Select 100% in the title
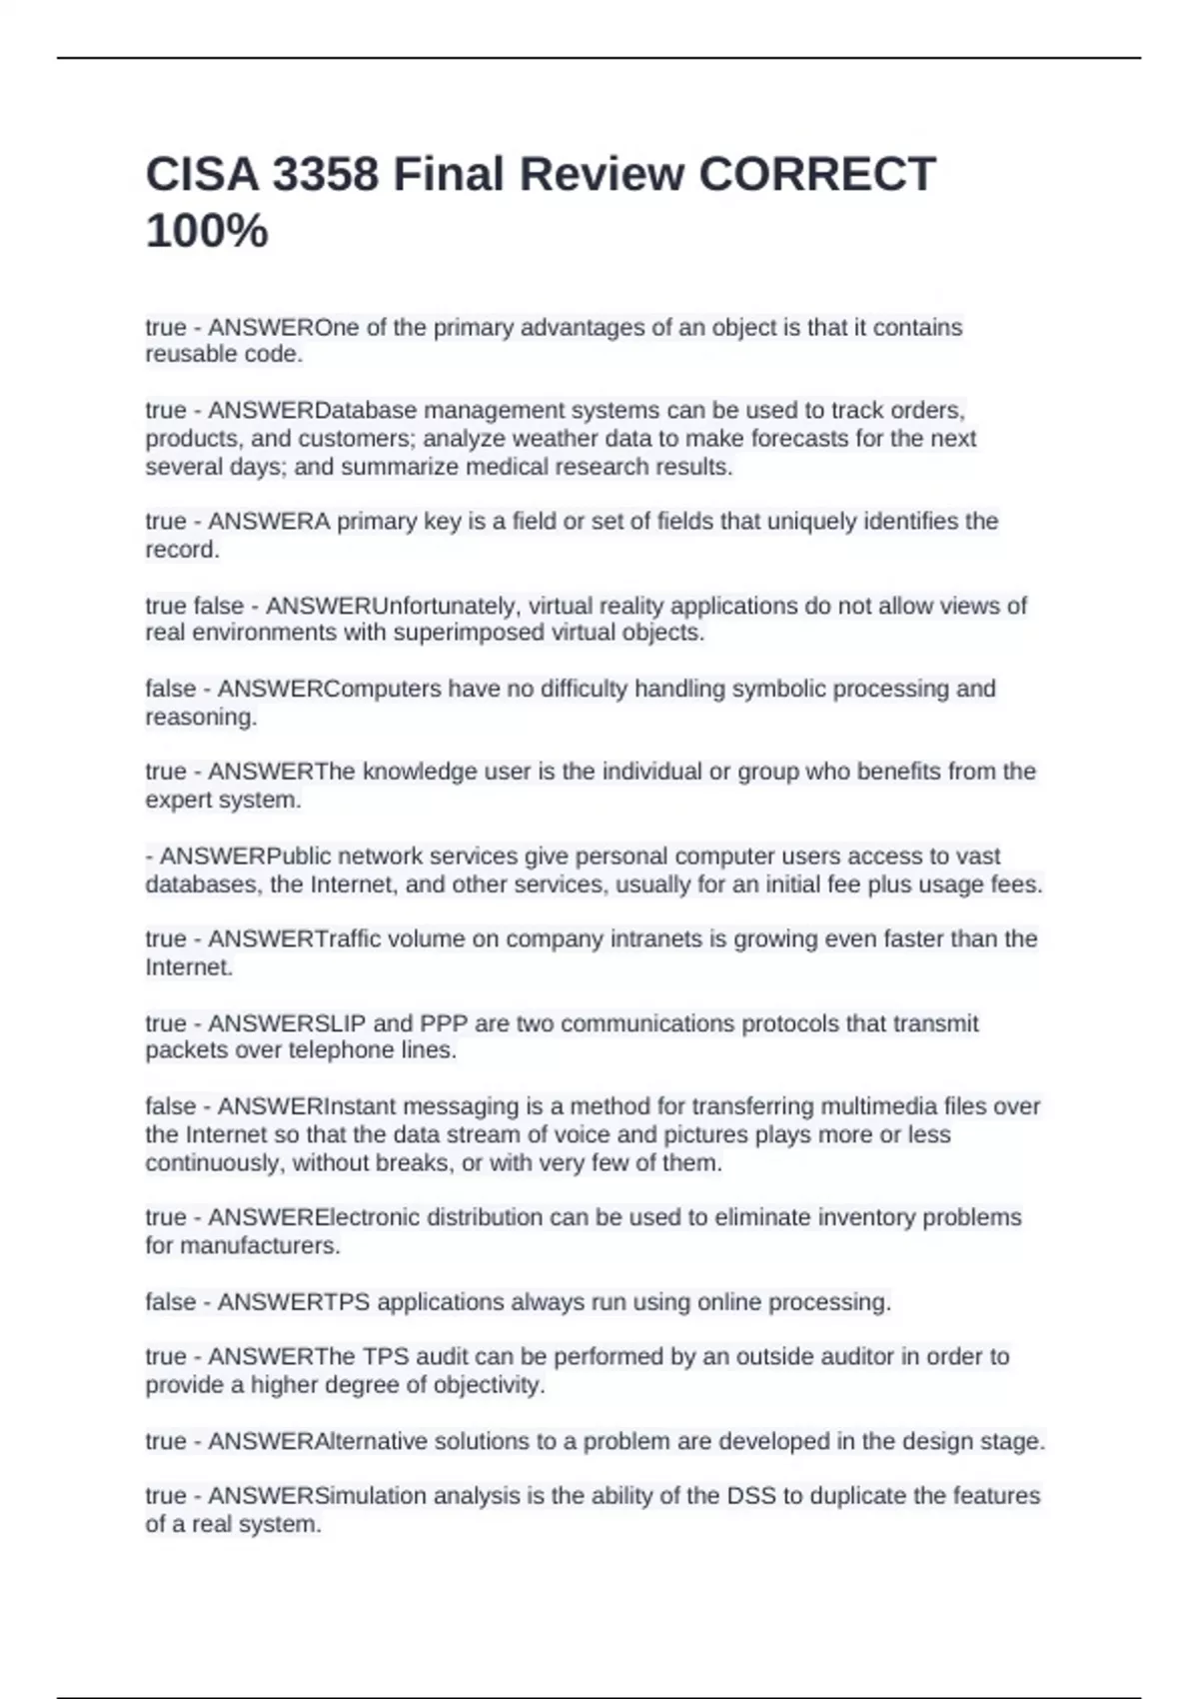(x=207, y=231)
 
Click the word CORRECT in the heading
(x=817, y=175)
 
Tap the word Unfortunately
(x=444, y=606)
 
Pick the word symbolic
(x=779, y=689)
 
